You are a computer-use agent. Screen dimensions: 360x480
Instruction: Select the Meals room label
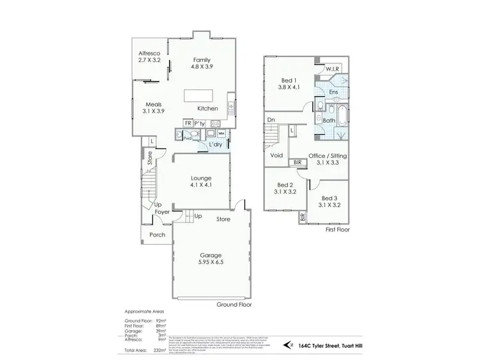coord(153,104)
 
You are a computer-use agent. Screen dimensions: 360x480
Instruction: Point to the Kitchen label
coord(208,108)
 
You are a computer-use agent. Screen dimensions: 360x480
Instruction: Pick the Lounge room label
coord(201,178)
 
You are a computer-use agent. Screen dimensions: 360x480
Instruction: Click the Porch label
coord(157,235)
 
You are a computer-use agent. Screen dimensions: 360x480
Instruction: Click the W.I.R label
coord(332,69)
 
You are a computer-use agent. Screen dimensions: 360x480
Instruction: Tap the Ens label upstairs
coord(333,92)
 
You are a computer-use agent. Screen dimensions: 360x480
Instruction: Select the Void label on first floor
coord(277,155)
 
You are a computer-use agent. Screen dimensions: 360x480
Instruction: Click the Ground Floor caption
coord(234,305)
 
